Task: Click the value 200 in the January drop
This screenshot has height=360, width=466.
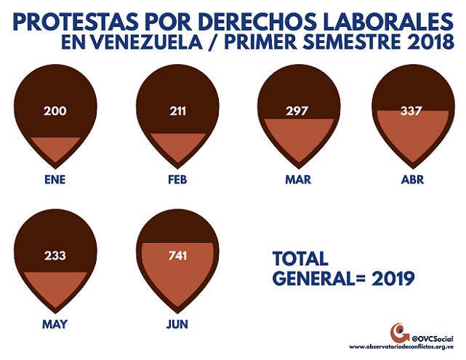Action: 55,111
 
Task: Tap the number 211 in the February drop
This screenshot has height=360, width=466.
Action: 177,111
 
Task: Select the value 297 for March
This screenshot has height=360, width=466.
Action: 297,111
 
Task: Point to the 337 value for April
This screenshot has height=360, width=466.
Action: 411,111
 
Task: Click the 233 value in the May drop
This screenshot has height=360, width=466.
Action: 55,256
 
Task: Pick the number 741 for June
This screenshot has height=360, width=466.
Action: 177,256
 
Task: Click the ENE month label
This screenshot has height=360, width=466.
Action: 55,180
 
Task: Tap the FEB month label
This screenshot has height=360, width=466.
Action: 177,180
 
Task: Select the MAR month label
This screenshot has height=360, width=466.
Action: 298,180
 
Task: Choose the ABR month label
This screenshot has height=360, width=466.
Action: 412,180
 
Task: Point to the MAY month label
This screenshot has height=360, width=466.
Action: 55,324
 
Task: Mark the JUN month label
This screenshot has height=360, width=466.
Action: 177,324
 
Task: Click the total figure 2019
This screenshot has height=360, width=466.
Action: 393,279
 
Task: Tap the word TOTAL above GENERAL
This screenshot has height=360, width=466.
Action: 300,258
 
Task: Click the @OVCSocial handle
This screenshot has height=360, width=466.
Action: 433,339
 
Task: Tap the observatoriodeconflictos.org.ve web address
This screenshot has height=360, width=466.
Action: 401,347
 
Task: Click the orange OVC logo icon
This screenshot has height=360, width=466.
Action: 400,333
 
